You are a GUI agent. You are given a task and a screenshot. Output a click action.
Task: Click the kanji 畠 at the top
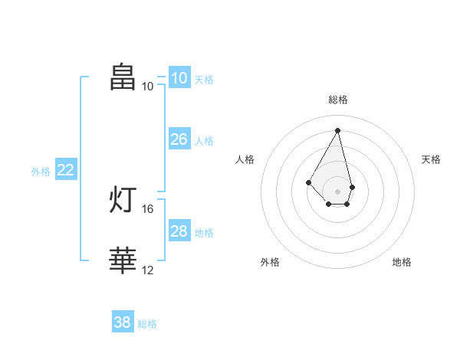click(x=123, y=77)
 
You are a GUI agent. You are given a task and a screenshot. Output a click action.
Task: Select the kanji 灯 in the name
click(x=123, y=199)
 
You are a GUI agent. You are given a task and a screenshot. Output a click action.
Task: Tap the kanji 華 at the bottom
click(x=123, y=260)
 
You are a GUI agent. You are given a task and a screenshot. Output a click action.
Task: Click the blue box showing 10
click(x=179, y=77)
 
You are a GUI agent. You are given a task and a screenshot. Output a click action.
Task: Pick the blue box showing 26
click(x=179, y=139)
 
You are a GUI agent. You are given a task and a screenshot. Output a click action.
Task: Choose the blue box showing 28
click(x=179, y=230)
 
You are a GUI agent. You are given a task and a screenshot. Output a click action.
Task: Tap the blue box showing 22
click(x=66, y=169)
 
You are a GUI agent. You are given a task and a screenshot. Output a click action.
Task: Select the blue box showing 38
click(x=123, y=321)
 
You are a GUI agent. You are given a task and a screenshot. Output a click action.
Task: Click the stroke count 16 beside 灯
click(x=147, y=209)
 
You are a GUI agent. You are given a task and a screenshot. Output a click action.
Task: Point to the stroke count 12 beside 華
click(x=147, y=270)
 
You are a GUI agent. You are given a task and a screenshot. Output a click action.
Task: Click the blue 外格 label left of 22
click(x=41, y=172)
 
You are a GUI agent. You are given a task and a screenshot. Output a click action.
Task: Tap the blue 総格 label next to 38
click(x=147, y=324)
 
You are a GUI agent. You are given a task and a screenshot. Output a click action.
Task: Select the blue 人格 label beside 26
click(x=204, y=141)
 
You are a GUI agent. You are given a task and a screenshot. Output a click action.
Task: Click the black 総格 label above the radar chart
click(x=338, y=100)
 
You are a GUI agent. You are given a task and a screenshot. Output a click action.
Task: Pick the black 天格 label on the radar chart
click(x=431, y=159)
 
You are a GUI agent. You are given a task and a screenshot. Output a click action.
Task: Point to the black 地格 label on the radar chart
click(x=402, y=262)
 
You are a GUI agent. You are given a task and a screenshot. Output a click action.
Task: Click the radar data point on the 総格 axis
click(x=337, y=130)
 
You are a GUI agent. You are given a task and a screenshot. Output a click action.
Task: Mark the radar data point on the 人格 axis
click(x=308, y=182)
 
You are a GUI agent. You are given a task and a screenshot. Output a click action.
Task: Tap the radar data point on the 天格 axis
click(x=353, y=187)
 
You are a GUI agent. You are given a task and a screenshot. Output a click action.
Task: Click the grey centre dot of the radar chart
click(x=337, y=191)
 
